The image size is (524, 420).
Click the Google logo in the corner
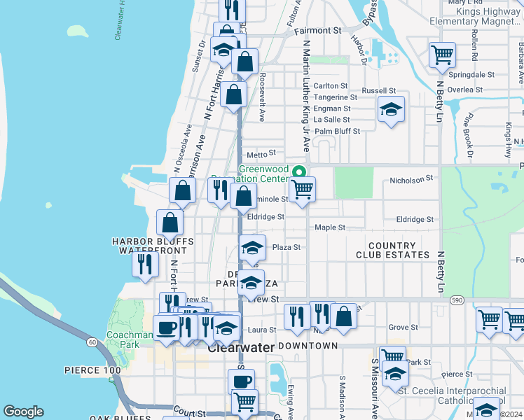coord(23,412)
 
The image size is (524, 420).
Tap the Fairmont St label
coord(317,31)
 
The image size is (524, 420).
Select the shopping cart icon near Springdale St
coord(441,54)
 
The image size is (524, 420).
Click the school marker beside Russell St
coord(391,108)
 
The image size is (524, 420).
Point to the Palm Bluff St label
coord(337,131)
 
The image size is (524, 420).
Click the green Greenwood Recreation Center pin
coord(300,171)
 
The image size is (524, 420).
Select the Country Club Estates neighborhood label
coord(398,251)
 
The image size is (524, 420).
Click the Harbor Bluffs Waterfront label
coord(152,246)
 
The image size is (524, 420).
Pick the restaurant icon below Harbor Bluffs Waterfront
coord(144,265)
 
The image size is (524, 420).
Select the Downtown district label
coord(308,346)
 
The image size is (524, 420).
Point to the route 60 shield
coord(92,342)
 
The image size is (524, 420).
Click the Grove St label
coord(403,327)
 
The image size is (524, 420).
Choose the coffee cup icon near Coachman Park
coord(165,327)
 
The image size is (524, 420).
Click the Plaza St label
coord(286,247)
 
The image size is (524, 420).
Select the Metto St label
coord(256,153)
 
